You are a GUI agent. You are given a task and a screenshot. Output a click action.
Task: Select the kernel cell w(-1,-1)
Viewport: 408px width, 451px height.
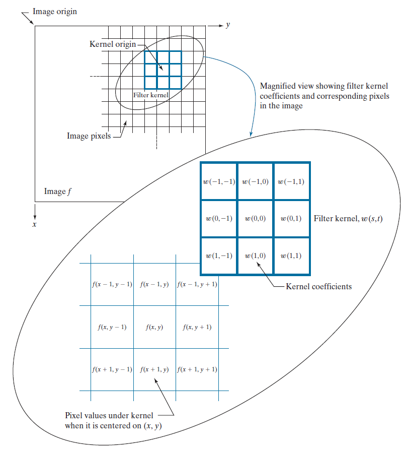[x=219, y=181]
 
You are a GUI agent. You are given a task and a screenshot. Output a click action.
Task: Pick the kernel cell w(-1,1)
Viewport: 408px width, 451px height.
[x=291, y=181]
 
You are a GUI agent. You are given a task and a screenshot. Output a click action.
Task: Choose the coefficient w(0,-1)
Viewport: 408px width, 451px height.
[x=219, y=219]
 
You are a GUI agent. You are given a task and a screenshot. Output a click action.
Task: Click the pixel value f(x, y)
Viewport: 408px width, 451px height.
[x=154, y=327]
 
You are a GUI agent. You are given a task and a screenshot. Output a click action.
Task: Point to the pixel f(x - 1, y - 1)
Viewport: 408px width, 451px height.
[x=112, y=284]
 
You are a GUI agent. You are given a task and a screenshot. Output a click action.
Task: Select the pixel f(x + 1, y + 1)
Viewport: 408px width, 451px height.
[x=197, y=369]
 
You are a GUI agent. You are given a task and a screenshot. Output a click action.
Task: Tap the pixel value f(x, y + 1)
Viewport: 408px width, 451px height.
[x=197, y=327]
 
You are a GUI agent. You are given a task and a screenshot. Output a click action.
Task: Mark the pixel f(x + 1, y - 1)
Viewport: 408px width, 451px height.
[x=112, y=369]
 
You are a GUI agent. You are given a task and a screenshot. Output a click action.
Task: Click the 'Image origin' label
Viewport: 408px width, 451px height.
[x=55, y=11]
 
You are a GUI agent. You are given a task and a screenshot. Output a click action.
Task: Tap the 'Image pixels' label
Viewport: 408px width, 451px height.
[x=89, y=136]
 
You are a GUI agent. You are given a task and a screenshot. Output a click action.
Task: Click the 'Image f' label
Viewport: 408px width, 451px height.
[x=55, y=191]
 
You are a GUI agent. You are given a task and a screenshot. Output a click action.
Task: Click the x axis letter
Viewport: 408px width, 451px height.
[x=34, y=224]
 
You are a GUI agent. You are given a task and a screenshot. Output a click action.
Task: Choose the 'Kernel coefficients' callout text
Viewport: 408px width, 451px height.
[x=318, y=286]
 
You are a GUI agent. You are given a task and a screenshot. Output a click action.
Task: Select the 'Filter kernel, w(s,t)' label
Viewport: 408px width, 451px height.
[x=348, y=219]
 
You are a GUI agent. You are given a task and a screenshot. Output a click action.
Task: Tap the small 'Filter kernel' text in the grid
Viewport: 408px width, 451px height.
[x=151, y=95]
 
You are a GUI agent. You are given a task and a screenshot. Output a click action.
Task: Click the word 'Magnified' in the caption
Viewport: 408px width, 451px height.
[x=277, y=86]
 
